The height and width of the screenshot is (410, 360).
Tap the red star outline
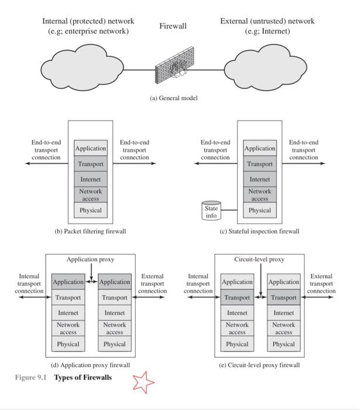coord(143,381)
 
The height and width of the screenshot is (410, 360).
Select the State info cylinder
coord(211,211)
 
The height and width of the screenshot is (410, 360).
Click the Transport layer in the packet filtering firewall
coord(91,164)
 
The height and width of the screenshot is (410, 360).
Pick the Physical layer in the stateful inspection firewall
coord(260,210)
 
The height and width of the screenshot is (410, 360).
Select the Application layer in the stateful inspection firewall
coord(260,149)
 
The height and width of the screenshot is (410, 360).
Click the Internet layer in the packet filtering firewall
coord(91,179)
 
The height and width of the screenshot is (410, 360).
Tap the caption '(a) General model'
coord(174,98)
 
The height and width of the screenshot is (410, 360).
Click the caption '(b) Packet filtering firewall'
coord(90,231)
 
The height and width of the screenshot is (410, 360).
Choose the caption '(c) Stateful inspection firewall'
coord(259,231)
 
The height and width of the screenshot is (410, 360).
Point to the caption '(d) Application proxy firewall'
coord(90,365)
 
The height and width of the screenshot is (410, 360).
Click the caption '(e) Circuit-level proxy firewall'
coord(259,365)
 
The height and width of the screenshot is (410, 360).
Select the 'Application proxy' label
coord(90,259)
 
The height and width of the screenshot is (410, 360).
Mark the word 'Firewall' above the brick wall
coord(173,26)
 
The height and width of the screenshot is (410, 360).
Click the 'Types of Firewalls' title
coord(83,377)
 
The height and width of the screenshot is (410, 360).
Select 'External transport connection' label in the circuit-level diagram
coord(321,283)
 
